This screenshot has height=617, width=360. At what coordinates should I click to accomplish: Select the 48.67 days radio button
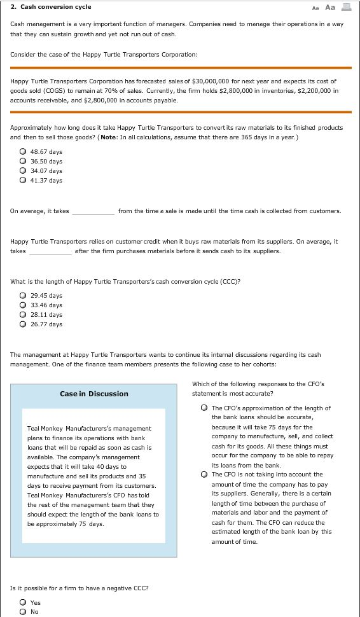tap(23, 152)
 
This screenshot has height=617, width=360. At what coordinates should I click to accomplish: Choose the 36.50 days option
tap(23, 162)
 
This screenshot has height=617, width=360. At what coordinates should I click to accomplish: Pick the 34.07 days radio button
tap(23, 171)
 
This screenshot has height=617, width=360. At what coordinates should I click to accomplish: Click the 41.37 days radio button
tap(23, 181)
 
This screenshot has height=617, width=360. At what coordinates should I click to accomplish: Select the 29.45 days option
tap(23, 296)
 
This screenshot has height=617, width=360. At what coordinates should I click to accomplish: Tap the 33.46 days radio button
tap(23, 305)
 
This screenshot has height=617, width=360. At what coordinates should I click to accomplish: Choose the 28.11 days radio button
tap(23, 315)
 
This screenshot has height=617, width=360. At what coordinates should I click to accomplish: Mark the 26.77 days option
tap(23, 324)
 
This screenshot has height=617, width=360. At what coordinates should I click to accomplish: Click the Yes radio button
tap(23, 602)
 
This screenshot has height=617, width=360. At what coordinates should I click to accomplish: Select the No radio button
tap(23, 611)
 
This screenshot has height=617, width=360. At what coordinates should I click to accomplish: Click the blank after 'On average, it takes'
tap(93, 211)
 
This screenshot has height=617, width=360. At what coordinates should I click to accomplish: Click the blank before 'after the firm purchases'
tap(50, 251)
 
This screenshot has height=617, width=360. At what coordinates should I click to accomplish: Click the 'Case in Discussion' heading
tap(94, 394)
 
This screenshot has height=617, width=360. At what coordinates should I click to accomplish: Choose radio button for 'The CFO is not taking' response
tap(204, 475)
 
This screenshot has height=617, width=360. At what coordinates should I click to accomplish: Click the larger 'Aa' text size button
tap(329, 8)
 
